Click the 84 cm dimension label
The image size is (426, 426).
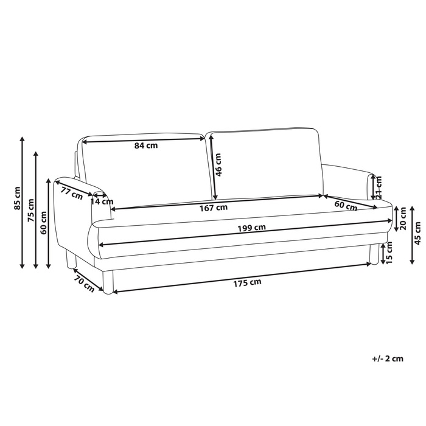146,146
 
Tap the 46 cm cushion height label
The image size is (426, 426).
219,163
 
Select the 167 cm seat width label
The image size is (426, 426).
214,208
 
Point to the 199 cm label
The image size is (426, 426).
251,228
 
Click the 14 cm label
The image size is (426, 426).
102,201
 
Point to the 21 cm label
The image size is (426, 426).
378,187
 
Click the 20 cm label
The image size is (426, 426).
403,217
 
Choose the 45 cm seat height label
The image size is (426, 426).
417,228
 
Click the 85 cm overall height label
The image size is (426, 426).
16,197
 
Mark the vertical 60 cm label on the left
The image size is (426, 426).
43,216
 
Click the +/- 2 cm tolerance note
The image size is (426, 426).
388,358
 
